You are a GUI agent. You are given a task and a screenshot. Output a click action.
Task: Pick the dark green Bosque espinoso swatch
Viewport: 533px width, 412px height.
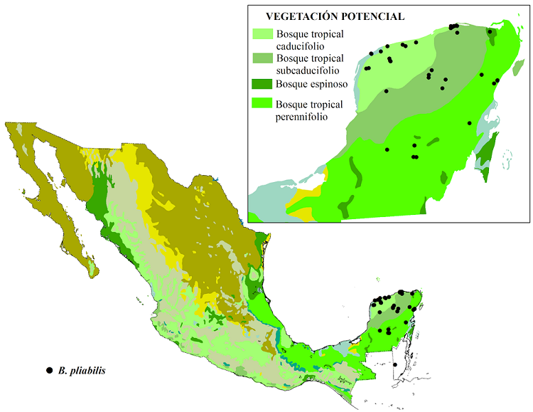(262, 83)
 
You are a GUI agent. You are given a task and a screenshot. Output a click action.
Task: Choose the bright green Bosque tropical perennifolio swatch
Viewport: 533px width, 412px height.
(262, 104)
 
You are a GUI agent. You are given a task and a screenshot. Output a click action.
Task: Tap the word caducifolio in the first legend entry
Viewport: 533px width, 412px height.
(300, 46)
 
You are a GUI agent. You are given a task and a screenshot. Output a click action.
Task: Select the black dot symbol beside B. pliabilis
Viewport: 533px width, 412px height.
(49, 371)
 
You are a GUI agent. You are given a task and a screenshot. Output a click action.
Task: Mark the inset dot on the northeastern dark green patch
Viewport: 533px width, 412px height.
(490, 31)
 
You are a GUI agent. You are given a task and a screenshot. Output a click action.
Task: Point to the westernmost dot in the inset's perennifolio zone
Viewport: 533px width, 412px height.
(387, 149)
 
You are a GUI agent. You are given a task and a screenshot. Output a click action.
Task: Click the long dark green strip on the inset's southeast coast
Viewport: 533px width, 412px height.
(486, 157)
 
